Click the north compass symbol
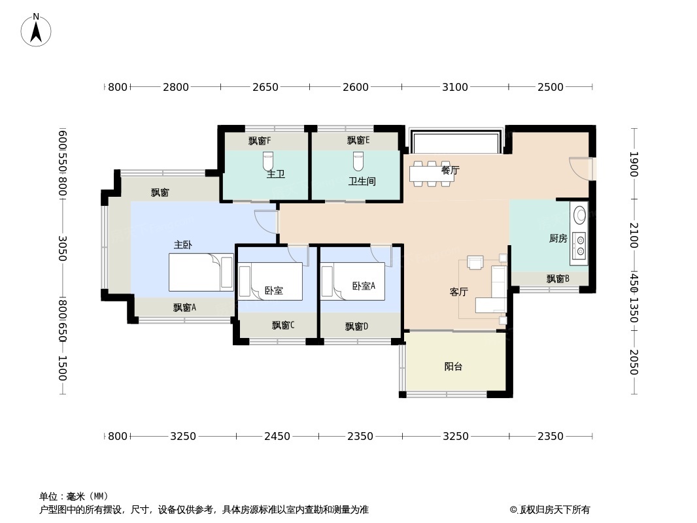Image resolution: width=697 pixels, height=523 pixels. pyautogui.click(x=36, y=30)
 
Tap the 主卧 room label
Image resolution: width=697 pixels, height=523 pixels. pyautogui.click(x=183, y=245)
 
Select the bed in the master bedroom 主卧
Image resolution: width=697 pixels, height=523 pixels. pyautogui.click(x=201, y=272)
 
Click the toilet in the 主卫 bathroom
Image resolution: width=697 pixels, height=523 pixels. pyautogui.click(x=268, y=160)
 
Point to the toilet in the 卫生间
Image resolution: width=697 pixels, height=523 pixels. pyautogui.click(x=358, y=160)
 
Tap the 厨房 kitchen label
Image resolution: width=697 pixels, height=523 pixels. pyautogui.click(x=558, y=239)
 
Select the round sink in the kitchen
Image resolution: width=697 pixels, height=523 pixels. pyautogui.click(x=579, y=215)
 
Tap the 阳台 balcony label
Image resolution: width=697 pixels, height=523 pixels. pyautogui.click(x=453, y=367)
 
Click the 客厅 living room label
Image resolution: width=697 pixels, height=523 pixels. pyautogui.click(x=458, y=292)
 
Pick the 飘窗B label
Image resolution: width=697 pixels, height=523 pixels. pyautogui.click(x=558, y=279)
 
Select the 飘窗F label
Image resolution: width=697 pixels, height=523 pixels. pyautogui.click(x=260, y=141)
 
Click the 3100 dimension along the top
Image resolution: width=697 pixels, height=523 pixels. pyautogui.click(x=454, y=87)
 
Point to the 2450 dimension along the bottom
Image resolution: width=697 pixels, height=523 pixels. pyautogui.click(x=277, y=436)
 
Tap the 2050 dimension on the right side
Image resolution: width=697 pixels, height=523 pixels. pyautogui.click(x=633, y=362)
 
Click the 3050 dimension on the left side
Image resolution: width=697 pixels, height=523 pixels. pyautogui.click(x=63, y=248)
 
